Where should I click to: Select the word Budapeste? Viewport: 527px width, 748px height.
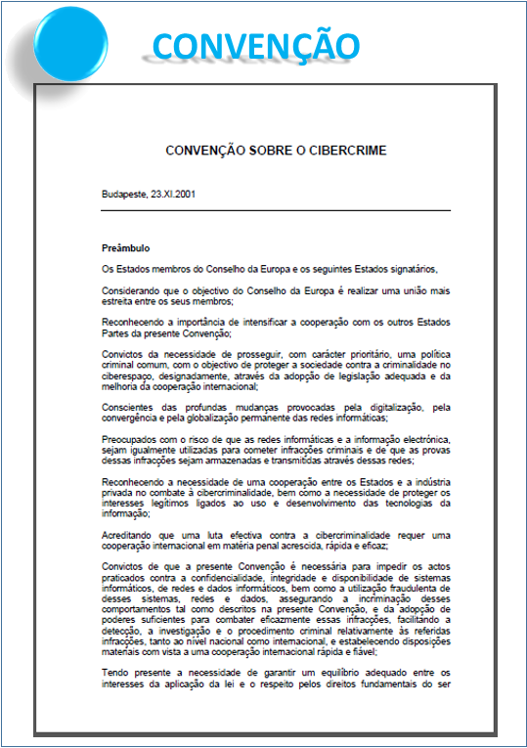124,194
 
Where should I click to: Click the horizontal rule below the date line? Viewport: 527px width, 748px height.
276,210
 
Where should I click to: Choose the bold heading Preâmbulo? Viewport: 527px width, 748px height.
125,248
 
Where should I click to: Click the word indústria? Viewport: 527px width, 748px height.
431,482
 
